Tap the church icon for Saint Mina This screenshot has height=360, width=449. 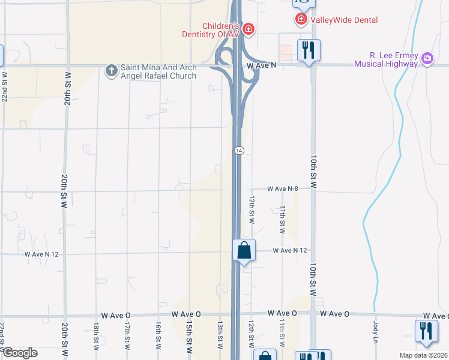(x=111, y=71)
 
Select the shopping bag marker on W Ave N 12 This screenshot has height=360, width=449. (x=244, y=250)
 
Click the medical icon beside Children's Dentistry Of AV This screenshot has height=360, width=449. (x=248, y=29)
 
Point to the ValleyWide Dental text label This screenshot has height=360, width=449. (x=345, y=20)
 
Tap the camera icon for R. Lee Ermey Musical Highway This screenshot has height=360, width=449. (x=427, y=58)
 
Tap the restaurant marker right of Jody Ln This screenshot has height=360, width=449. (x=426, y=331)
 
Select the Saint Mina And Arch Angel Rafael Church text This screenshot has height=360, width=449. (x=158, y=72)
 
